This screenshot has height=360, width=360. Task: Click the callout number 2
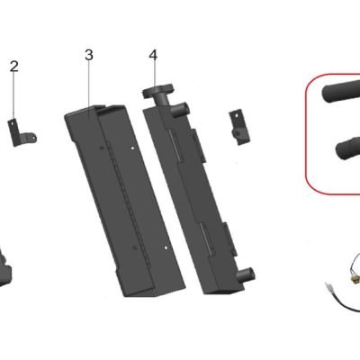click(x=13, y=67)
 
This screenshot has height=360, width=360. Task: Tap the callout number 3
click(x=89, y=55)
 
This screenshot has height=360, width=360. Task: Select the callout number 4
click(x=153, y=55)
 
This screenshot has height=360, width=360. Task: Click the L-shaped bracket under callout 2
click(x=22, y=132)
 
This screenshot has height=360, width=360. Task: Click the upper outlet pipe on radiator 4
click(x=183, y=108)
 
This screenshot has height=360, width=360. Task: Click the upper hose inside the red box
click(x=341, y=91)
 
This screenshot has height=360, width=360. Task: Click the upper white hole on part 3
click(x=133, y=148)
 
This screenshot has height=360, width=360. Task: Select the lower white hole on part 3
click(x=166, y=247)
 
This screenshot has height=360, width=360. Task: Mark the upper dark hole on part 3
click(x=101, y=148)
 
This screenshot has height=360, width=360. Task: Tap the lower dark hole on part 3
click(x=135, y=247)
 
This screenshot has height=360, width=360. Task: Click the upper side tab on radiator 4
click(x=199, y=146)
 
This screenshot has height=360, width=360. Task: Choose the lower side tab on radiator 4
click(x=231, y=238)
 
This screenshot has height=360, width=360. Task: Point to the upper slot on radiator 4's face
click(x=175, y=146)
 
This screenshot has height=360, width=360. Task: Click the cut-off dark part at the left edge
click(x=5, y=265)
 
